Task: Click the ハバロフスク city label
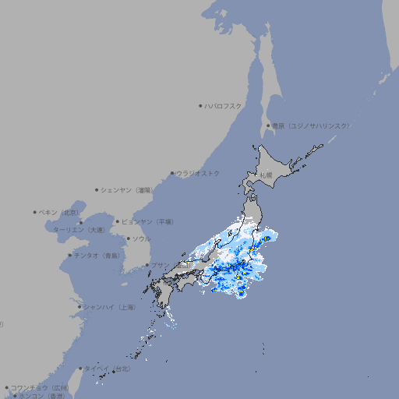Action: tap(223, 105)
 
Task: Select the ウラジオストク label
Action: tap(198, 173)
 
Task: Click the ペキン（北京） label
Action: tap(59, 212)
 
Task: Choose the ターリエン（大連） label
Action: tap(79, 230)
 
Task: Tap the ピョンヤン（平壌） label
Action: tap(147, 221)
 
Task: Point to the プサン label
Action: tap(159, 265)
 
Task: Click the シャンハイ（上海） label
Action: tap(109, 307)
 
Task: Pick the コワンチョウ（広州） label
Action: tap(40, 387)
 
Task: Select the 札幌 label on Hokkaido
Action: tap(267, 175)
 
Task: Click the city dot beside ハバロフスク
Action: tap(200, 106)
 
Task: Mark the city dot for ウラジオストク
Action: tap(172, 174)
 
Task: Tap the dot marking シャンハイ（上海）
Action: tap(79, 307)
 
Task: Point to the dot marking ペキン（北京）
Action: tap(35, 212)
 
